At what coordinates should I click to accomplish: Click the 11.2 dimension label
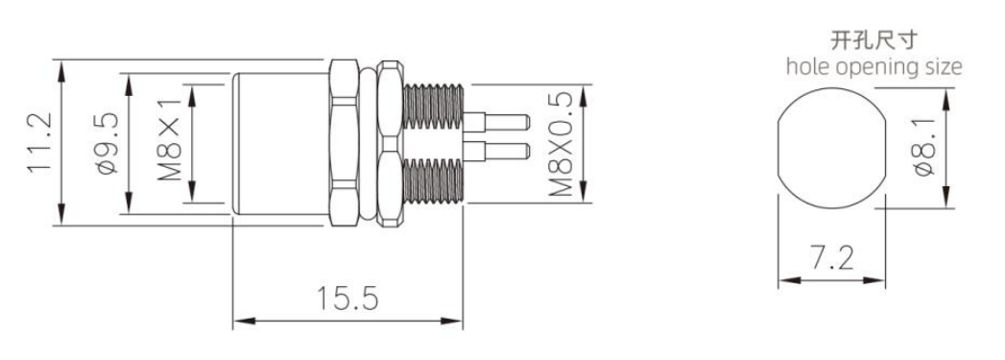click(37, 142)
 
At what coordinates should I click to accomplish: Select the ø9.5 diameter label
click(108, 143)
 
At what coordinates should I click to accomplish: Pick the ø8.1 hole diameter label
click(925, 146)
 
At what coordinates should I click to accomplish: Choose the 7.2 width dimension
click(832, 259)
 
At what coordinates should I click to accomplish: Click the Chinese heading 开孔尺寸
click(873, 41)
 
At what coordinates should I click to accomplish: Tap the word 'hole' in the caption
click(806, 66)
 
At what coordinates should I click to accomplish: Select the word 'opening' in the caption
click(876, 67)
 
